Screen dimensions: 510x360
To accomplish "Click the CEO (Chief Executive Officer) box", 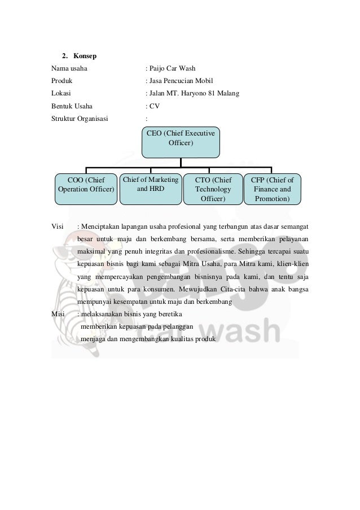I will point(181,142).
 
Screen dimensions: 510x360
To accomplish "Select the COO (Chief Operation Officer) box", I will point(86,189).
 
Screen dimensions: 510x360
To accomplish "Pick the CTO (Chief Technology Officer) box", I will point(213,189).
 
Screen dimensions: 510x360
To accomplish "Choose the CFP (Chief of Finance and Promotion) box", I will point(273,189).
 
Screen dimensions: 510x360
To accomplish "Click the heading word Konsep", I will point(84,56).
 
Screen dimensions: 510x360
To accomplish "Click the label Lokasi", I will point(61,93).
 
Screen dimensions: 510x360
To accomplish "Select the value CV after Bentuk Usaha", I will point(155,105).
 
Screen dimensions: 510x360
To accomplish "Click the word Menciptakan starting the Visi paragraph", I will point(101,226).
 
